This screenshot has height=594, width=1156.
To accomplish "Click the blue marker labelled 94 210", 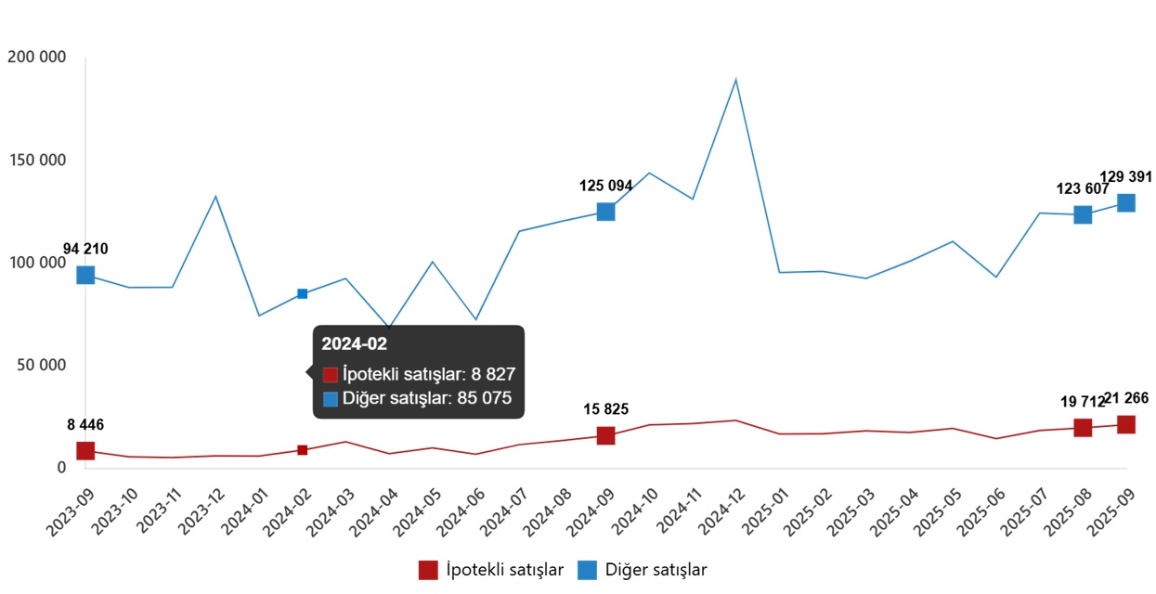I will click(x=85, y=275).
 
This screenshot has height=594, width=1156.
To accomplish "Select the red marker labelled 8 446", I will click(x=85, y=451).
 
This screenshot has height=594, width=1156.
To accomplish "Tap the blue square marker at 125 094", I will click(x=605, y=212).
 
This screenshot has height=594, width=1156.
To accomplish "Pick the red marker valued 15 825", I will click(x=605, y=435).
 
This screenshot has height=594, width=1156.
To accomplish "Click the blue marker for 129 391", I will click(x=1125, y=203).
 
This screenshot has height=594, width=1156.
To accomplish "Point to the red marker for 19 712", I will click(x=1083, y=428).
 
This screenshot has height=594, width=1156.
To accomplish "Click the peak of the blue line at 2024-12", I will click(x=735, y=80).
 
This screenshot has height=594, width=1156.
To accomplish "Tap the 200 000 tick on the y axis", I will click(x=36, y=58).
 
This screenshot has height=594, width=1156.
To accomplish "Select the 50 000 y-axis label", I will click(x=41, y=366).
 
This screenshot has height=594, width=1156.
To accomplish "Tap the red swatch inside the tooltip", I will click(x=331, y=375).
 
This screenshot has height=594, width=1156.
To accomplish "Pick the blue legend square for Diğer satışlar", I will click(x=588, y=570).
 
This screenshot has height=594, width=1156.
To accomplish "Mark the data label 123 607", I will click(x=1083, y=189).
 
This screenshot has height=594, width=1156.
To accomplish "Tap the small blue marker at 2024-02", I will click(x=302, y=294).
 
